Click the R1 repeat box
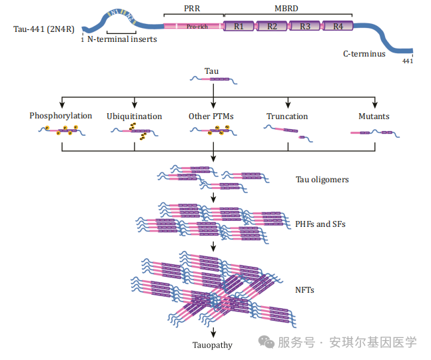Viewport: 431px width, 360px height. (x=239, y=27)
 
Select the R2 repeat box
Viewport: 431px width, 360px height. (x=272, y=27)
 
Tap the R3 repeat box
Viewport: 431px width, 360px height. (x=304, y=27)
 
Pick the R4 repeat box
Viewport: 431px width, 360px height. (x=337, y=27)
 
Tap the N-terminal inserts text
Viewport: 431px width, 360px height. (x=122, y=41)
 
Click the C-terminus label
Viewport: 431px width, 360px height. (x=364, y=54)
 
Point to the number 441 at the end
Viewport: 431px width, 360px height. (x=408, y=62)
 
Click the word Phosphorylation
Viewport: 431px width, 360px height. (x=61, y=116)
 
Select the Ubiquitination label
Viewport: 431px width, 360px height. (x=134, y=116)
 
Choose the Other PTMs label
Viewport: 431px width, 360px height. (x=211, y=116)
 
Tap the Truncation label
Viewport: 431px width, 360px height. (x=287, y=116)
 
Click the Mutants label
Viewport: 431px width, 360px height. (x=374, y=116)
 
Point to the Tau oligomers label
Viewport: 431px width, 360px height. (x=322, y=180)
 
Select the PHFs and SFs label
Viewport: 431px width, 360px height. (x=320, y=224)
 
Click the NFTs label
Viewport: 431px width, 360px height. (x=304, y=290)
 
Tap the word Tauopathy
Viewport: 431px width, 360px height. (x=213, y=345)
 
